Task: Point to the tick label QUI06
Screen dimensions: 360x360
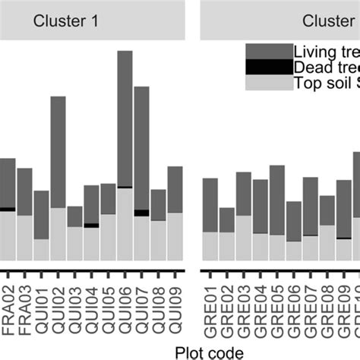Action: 125,308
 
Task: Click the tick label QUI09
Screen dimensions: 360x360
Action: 175,308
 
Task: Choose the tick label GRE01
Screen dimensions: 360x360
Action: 210,308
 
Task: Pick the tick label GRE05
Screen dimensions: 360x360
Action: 276,308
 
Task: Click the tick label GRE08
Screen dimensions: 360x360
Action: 327,308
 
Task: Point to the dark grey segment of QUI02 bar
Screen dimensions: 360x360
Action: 58,152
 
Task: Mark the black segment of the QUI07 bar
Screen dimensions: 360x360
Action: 141,213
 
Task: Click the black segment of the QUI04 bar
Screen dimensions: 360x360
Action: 91,225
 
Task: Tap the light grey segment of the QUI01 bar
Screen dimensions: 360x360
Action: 41,249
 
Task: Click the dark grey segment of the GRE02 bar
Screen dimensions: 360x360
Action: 226,220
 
